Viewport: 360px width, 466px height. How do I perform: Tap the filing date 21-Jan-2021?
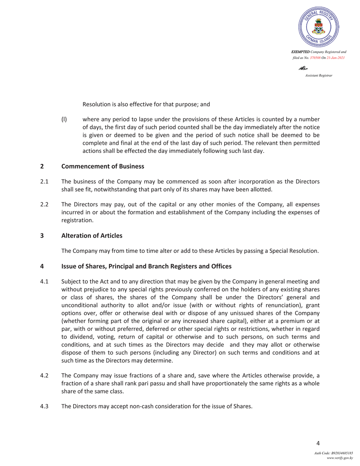click(x=335, y=57)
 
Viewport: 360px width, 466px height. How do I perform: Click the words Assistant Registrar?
click(x=318, y=75)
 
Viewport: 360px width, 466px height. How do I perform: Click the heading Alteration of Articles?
click(x=92, y=235)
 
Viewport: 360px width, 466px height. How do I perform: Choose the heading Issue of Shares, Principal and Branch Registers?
click(x=146, y=266)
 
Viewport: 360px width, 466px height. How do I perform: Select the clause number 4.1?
click(x=44, y=281)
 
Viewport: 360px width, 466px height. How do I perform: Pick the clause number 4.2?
click(x=44, y=375)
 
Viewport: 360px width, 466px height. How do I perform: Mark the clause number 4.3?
click(x=44, y=407)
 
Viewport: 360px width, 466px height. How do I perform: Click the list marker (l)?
click(x=64, y=119)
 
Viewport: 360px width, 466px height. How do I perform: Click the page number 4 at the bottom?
click(x=318, y=444)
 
